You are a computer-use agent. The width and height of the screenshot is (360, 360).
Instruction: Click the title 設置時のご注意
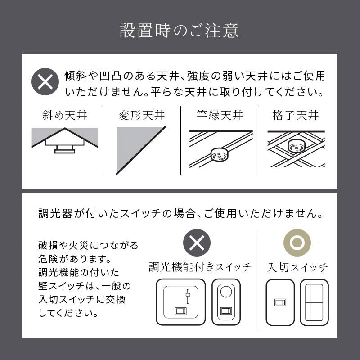179,31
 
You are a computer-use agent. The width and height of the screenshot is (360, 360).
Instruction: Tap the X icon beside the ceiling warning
45,82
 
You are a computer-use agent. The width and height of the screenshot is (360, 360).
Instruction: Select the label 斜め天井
65,115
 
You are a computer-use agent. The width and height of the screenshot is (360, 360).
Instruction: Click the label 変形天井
142,115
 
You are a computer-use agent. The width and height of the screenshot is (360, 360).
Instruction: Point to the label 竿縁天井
220,115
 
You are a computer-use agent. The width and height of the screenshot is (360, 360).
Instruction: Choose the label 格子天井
296,115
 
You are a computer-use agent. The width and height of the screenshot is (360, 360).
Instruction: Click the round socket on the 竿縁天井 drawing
219,155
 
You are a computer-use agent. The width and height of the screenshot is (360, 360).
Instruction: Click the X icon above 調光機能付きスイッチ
197,243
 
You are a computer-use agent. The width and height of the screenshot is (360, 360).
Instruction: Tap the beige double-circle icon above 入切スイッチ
297,243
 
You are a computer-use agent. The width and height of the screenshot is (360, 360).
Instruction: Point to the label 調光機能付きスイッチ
200,267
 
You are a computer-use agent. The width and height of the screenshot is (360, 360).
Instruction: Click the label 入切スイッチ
297,267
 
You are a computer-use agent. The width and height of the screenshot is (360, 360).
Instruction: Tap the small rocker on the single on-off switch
280,302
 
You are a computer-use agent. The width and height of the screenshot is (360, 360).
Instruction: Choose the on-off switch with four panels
314,302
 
